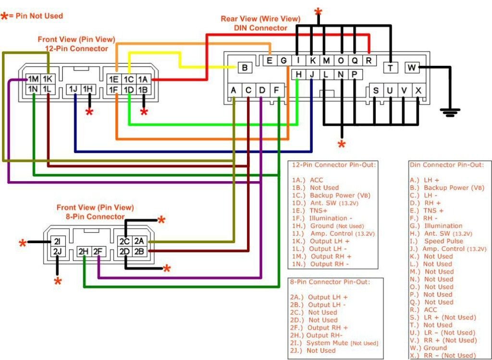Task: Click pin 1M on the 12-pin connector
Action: click(x=33, y=79)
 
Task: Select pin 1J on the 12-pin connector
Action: click(x=74, y=89)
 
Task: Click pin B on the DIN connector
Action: click(x=245, y=68)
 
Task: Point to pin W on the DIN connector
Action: click(x=412, y=68)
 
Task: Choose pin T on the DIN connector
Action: click(x=391, y=68)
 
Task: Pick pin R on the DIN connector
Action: click(x=369, y=61)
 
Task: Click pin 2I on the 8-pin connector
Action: click(x=57, y=241)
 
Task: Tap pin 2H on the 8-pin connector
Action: click(x=85, y=251)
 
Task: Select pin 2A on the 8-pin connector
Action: click(x=139, y=241)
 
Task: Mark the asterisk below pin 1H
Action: click(x=89, y=112)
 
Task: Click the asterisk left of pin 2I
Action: click(x=23, y=244)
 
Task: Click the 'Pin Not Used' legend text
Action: click(x=38, y=16)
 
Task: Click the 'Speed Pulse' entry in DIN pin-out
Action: click(x=443, y=241)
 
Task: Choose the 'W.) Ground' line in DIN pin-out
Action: click(x=429, y=348)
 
